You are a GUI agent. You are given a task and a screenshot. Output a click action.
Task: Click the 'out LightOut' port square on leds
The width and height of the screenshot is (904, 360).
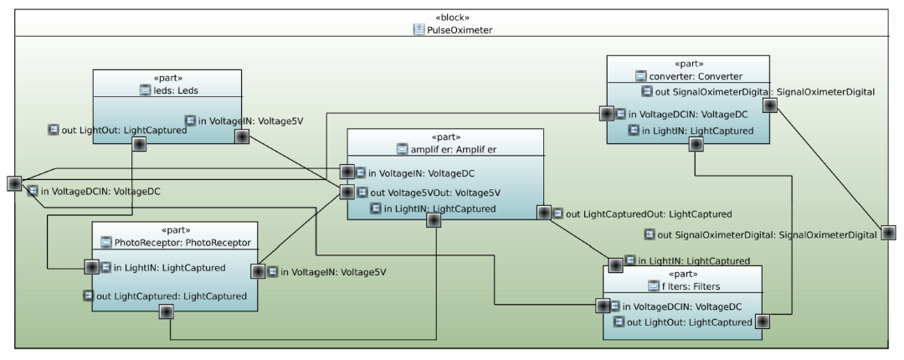pos(140,144)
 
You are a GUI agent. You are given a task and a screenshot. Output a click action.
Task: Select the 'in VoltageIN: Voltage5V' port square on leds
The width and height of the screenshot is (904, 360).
pos(242,136)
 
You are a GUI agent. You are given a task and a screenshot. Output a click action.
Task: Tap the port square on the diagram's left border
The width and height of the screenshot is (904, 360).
pos(14,183)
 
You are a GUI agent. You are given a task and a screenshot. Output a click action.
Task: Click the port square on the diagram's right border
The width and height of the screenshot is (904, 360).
pos(888,234)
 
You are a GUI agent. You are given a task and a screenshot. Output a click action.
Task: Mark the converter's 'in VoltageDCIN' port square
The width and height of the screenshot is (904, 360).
pos(606,113)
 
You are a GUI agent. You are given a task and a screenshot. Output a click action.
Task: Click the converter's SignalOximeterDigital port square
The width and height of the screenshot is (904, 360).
pos(769,105)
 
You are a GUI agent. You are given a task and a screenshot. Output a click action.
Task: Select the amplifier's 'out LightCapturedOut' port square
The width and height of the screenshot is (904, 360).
pos(544,213)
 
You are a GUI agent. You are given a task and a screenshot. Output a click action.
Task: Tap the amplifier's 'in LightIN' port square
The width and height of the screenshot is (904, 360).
pos(434,220)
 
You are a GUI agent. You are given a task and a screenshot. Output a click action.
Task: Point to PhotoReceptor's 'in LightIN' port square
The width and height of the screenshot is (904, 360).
pos(92,267)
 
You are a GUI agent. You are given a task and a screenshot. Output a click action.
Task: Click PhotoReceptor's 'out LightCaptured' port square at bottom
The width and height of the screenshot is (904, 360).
pos(166,311)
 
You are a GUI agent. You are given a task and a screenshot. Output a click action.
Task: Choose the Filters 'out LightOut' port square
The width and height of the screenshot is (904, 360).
pos(762,321)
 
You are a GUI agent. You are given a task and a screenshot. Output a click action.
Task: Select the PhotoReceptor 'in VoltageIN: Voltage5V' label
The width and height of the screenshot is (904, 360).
pos(332,271)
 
